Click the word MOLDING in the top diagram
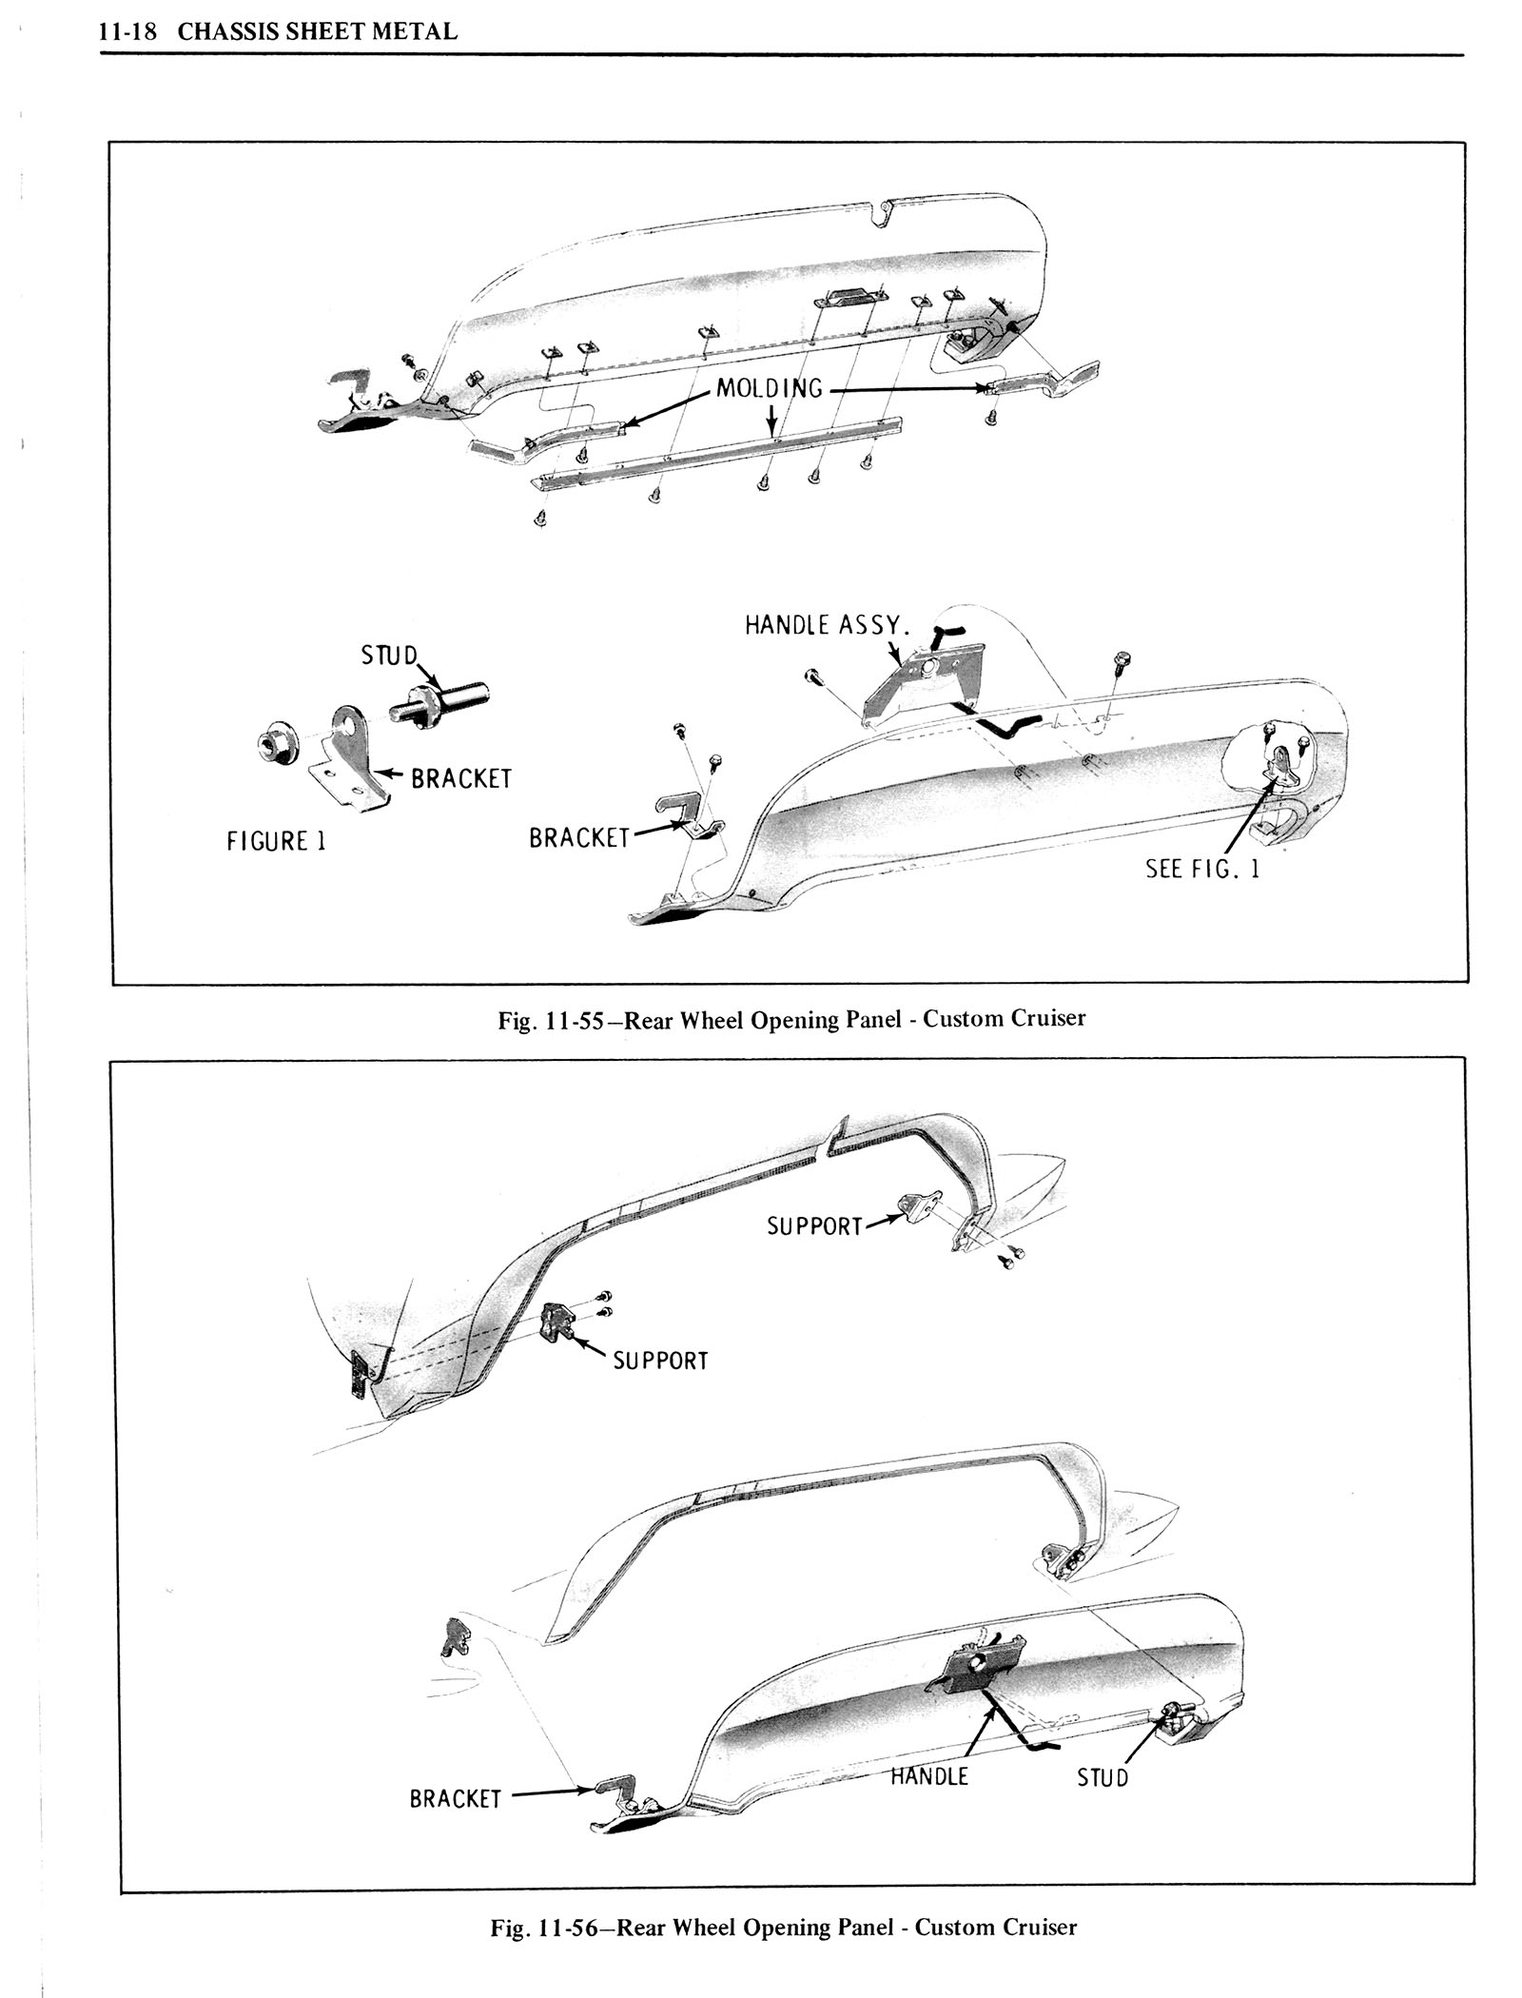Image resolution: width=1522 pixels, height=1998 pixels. (x=770, y=388)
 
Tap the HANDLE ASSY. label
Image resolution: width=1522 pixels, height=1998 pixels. (x=828, y=625)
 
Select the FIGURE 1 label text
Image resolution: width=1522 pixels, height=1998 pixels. (x=276, y=842)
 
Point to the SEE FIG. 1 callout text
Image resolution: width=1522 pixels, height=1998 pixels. (x=1202, y=869)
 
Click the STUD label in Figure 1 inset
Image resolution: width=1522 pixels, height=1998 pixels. (x=389, y=656)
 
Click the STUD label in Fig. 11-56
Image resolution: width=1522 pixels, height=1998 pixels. (x=1102, y=1777)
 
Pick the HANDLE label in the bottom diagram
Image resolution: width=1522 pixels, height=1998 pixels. (x=929, y=1775)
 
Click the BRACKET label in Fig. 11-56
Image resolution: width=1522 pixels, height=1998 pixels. (x=455, y=1799)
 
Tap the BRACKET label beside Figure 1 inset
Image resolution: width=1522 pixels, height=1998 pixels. (x=461, y=779)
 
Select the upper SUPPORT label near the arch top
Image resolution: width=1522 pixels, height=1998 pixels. (x=814, y=1226)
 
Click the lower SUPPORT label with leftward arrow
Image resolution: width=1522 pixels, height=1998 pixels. (x=661, y=1361)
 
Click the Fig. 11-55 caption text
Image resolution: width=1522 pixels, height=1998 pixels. (x=791, y=1019)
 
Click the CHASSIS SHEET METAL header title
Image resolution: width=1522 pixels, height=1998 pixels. (x=318, y=31)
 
